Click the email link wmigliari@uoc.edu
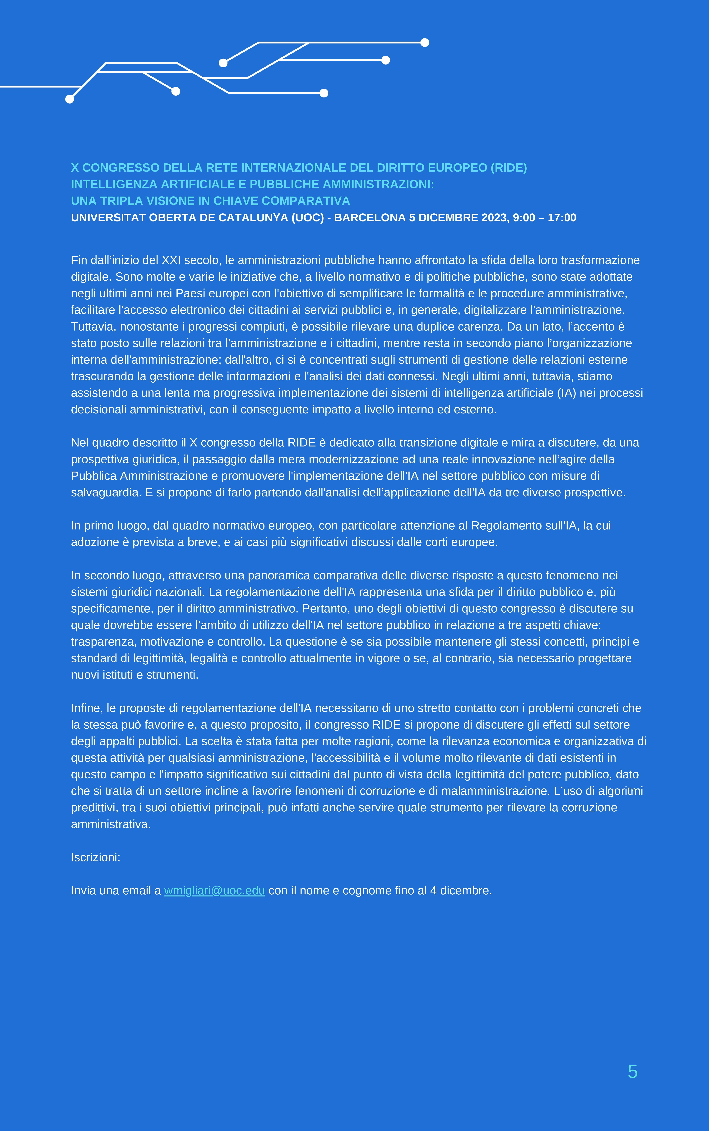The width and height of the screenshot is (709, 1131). click(214, 891)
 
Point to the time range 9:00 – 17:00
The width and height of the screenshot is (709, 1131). click(544, 217)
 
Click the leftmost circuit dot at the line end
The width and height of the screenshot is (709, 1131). click(69, 99)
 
